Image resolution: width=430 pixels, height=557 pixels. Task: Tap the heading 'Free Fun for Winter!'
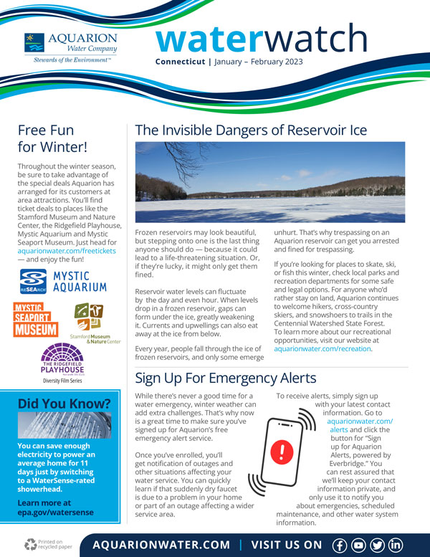[52, 139]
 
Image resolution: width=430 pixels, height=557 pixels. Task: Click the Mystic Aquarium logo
[63, 281]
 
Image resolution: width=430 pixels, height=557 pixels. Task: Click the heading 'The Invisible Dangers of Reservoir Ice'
[251, 130]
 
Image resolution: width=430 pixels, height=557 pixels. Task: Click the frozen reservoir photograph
[269, 182]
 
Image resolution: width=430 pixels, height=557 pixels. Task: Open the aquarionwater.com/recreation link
[322, 348]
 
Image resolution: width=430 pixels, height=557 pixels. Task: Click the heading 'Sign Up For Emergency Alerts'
[226, 377]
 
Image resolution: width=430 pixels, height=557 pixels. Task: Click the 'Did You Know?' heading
[64, 404]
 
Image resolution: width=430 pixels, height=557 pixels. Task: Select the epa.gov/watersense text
[55, 513]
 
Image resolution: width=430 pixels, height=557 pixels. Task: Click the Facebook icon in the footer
[340, 544]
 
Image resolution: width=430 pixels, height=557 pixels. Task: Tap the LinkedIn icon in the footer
[395, 544]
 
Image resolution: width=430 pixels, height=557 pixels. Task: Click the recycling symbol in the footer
[30, 544]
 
